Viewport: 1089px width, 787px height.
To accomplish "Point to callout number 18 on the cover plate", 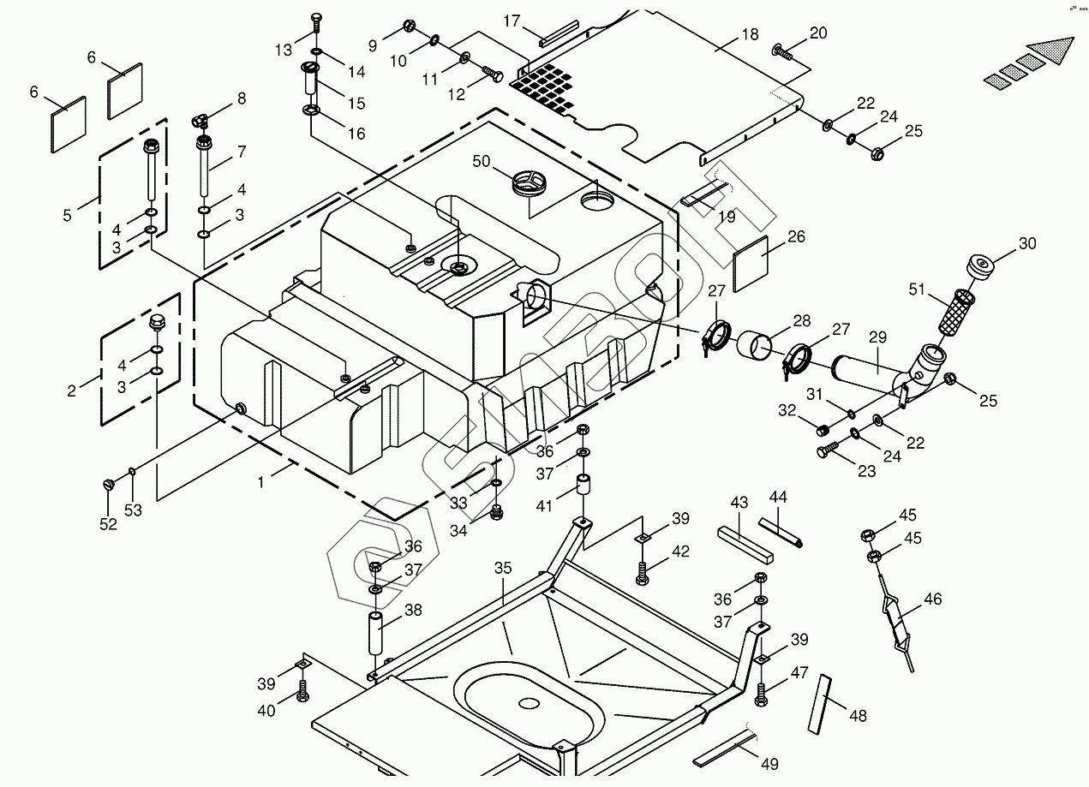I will click(750, 36).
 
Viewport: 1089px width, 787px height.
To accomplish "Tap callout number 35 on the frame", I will click(503, 568).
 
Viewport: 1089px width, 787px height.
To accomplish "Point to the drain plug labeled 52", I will click(109, 485).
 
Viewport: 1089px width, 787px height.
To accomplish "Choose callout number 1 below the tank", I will click(260, 482).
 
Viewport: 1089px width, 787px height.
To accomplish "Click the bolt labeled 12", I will click(493, 75).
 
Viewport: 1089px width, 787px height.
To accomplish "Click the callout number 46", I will click(932, 599).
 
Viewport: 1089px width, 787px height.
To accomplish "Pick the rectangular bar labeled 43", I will click(745, 544).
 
